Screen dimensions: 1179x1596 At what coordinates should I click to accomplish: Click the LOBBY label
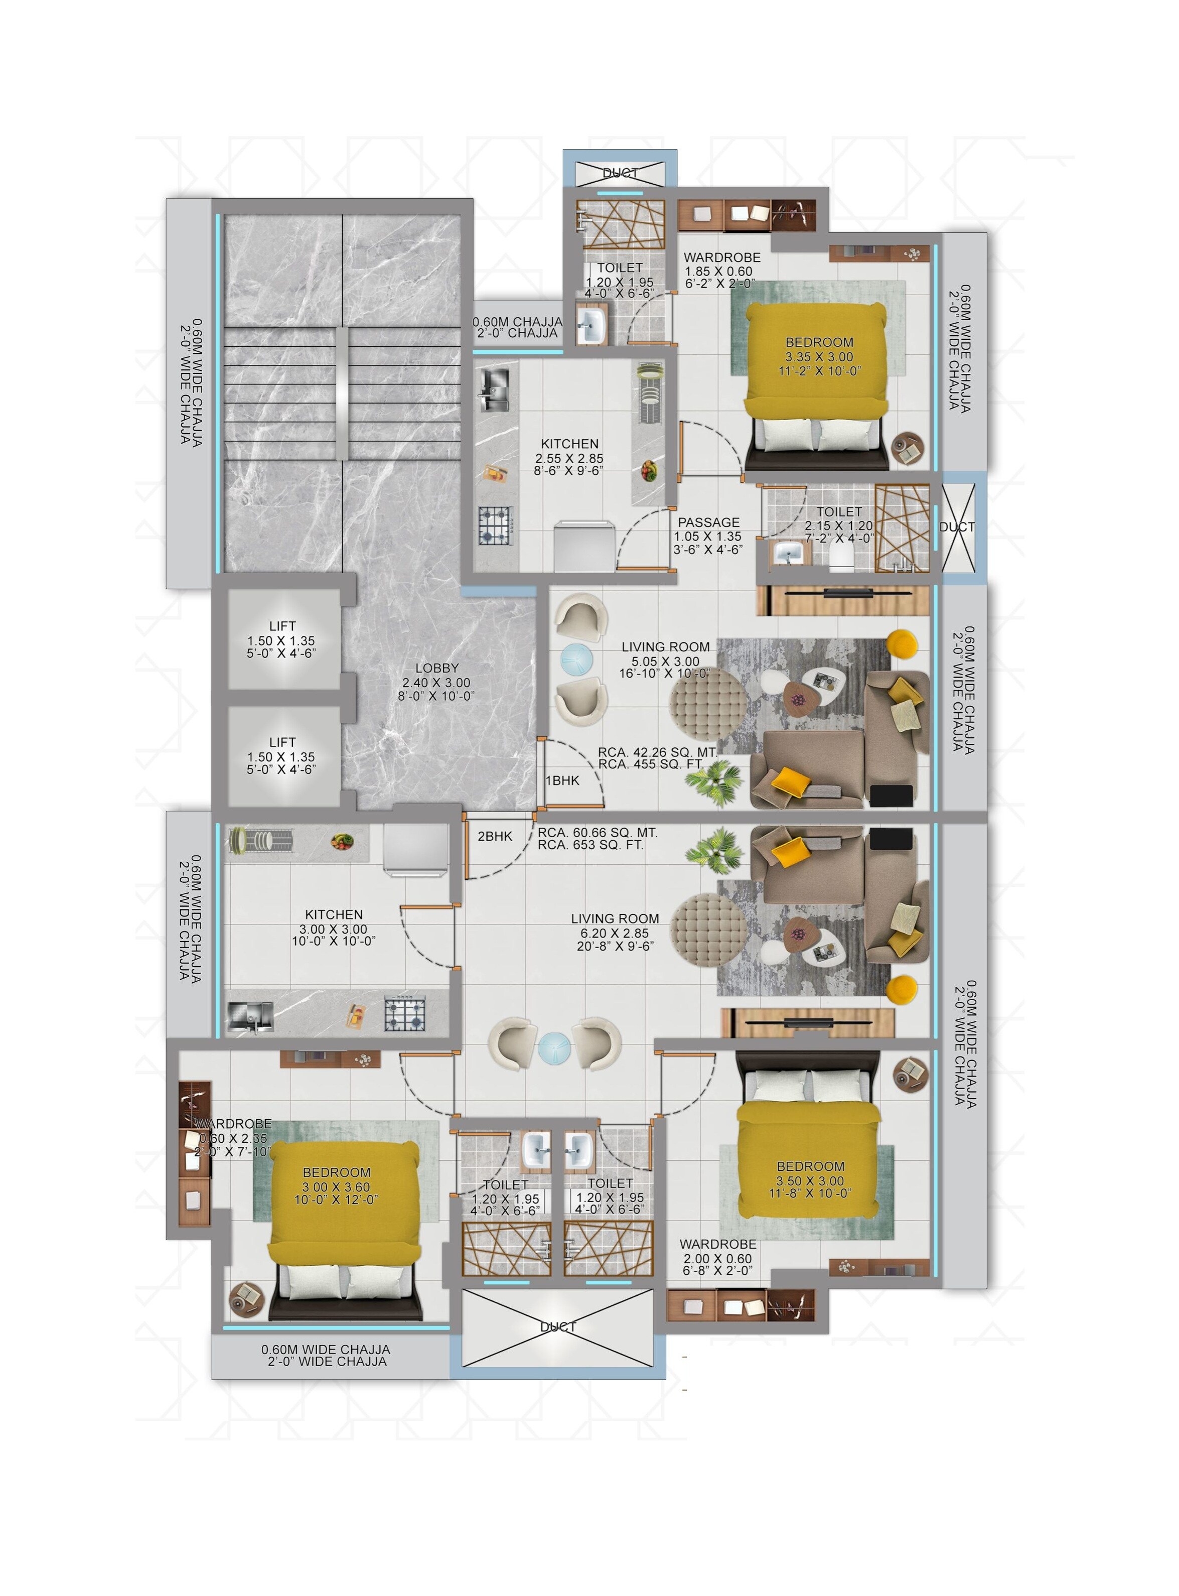(x=437, y=668)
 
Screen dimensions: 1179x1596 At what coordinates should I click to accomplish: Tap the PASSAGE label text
(x=709, y=522)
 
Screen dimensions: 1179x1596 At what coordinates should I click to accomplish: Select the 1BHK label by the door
(x=562, y=781)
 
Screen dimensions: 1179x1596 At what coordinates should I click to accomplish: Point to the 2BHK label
(x=495, y=836)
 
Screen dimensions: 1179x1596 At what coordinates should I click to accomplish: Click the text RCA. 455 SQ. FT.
(x=651, y=764)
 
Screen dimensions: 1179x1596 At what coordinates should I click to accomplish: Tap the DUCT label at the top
(x=620, y=173)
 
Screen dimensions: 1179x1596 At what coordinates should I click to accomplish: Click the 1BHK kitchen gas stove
(x=495, y=525)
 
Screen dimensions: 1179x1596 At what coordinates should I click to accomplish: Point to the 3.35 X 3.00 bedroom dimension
(x=819, y=357)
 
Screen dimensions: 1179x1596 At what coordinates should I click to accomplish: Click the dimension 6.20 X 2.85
(x=615, y=933)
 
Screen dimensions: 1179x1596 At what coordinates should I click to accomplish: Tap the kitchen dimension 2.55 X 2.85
(x=569, y=458)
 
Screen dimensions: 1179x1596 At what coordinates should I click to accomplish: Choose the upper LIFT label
(x=282, y=626)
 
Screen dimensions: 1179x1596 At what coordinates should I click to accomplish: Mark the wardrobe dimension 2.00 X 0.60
(x=717, y=1259)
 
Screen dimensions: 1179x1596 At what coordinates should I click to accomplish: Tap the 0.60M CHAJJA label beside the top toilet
(x=517, y=322)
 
